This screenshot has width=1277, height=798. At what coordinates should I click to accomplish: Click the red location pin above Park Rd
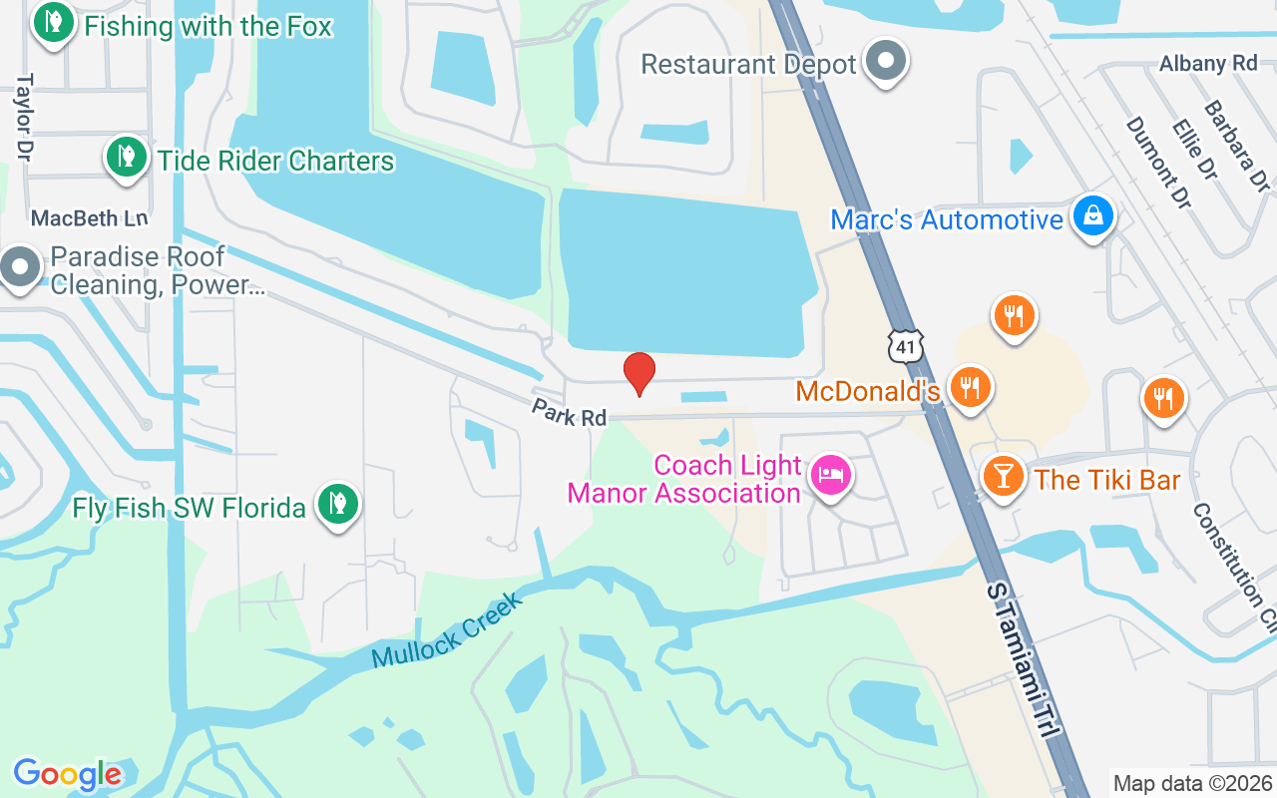point(638,373)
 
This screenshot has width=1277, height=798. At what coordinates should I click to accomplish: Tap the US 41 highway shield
point(905,344)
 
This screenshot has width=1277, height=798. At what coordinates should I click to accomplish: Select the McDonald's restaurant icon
point(968,387)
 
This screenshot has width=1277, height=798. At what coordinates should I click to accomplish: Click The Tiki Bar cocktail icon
point(1004,476)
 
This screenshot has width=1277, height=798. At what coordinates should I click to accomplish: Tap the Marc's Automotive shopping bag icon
point(1093,215)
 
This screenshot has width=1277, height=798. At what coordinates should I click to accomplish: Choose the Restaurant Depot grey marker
point(885,61)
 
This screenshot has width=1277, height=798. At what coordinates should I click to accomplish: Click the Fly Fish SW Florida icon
point(338,505)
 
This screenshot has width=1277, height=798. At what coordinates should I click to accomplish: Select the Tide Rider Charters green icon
point(126,157)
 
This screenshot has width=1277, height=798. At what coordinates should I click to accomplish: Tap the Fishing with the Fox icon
point(53,22)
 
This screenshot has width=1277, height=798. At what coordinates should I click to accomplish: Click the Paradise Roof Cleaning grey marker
point(19,267)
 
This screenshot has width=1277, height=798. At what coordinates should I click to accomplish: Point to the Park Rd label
point(569,412)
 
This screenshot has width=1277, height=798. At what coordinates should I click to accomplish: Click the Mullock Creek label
point(446,631)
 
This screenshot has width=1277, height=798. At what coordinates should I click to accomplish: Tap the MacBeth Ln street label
point(89,217)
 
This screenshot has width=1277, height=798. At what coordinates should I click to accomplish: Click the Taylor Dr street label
point(24,116)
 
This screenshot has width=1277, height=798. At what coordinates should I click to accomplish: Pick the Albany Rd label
point(1208,63)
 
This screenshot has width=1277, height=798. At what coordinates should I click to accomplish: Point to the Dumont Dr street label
point(1158,163)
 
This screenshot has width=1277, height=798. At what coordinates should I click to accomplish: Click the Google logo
point(67,774)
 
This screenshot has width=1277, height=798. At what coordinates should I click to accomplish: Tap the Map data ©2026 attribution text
point(1192,783)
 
